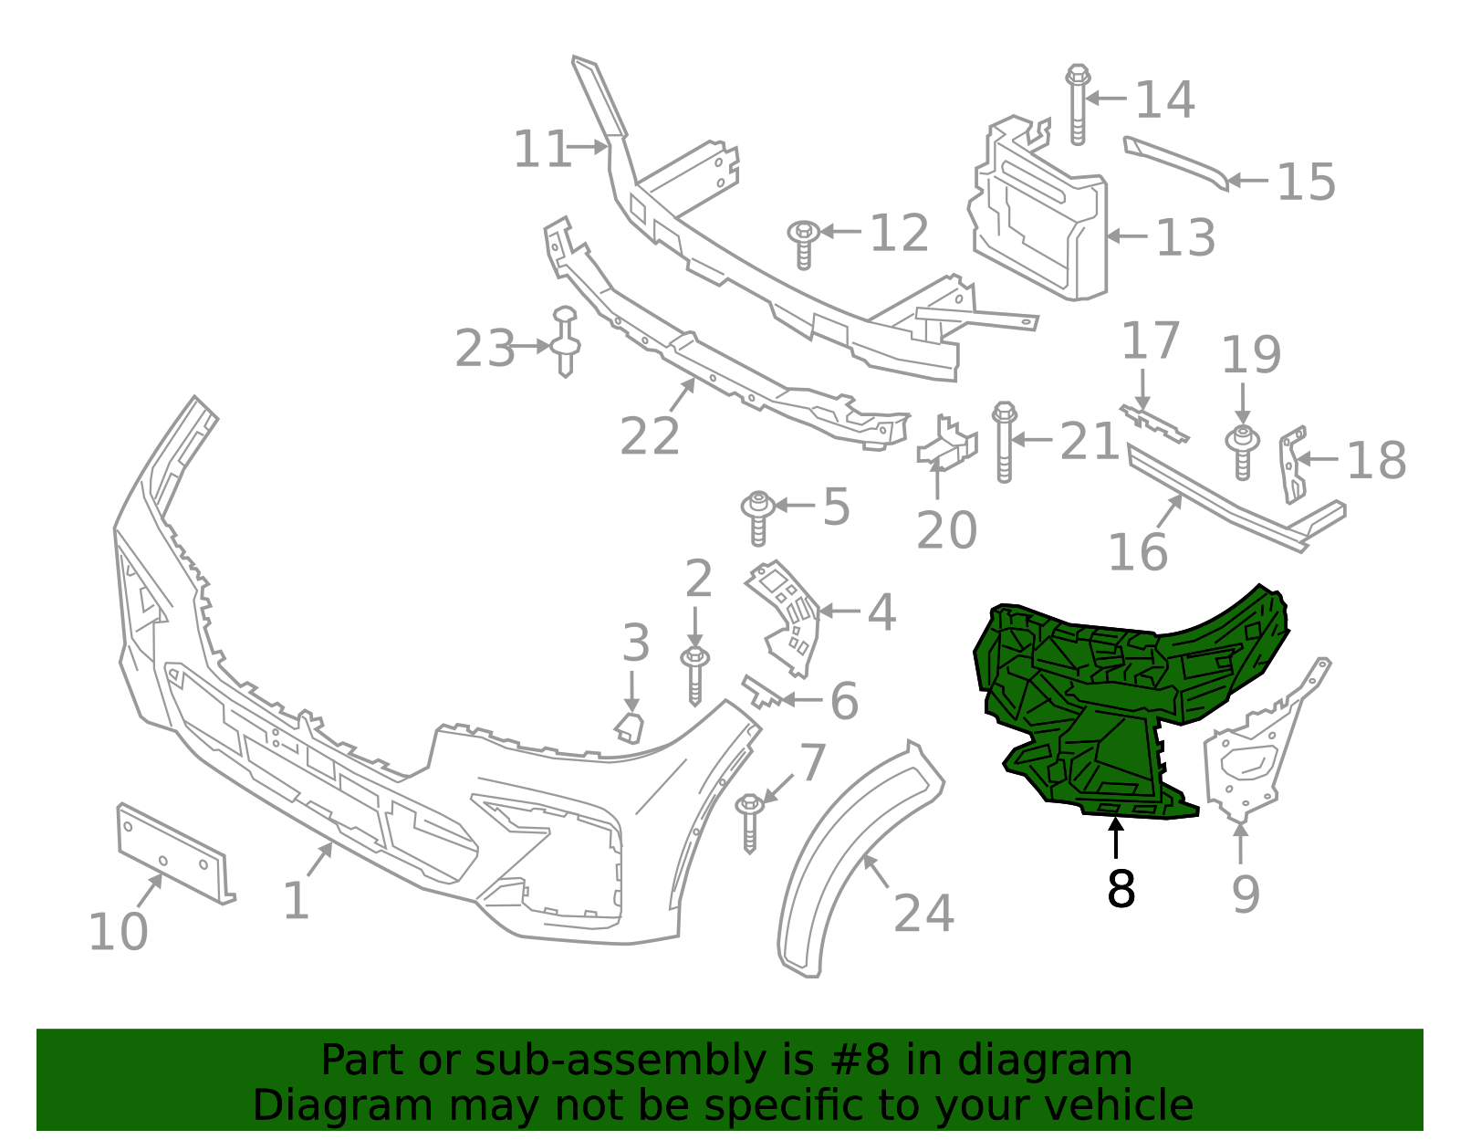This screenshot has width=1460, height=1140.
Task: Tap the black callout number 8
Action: pyautogui.click(x=1121, y=888)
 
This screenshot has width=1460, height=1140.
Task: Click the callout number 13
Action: pyautogui.click(x=1185, y=237)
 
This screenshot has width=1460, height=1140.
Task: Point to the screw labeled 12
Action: pyautogui.click(x=803, y=242)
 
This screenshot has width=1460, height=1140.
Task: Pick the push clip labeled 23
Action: pyautogui.click(x=566, y=342)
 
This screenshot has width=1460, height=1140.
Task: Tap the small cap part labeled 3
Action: pyautogui.click(x=630, y=727)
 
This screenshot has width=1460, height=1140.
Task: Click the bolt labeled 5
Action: pyautogui.click(x=757, y=517)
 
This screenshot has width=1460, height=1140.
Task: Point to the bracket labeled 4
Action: pyautogui.click(x=787, y=617)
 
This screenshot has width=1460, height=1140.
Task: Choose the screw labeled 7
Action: pyautogui.click(x=749, y=821)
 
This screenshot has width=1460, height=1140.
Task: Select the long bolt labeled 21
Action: pyautogui.click(x=1004, y=442)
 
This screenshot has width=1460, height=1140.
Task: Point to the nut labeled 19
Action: pyautogui.click(x=1241, y=449)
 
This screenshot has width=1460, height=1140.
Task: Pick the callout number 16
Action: pyautogui.click(x=1137, y=551)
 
